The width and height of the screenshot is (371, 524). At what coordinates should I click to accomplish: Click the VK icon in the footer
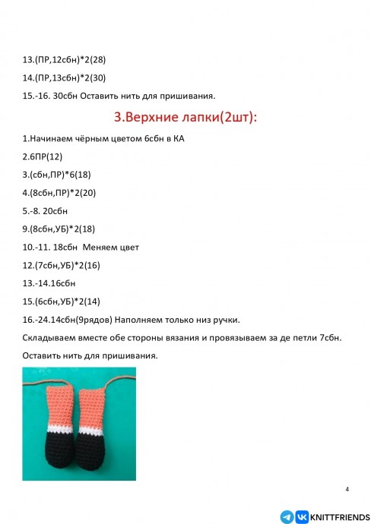click(301, 515)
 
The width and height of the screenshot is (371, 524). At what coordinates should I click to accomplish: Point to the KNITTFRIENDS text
click(337, 515)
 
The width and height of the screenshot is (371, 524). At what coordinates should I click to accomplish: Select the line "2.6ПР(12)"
click(43, 156)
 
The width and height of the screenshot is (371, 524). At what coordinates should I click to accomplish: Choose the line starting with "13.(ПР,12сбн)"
click(65, 59)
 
